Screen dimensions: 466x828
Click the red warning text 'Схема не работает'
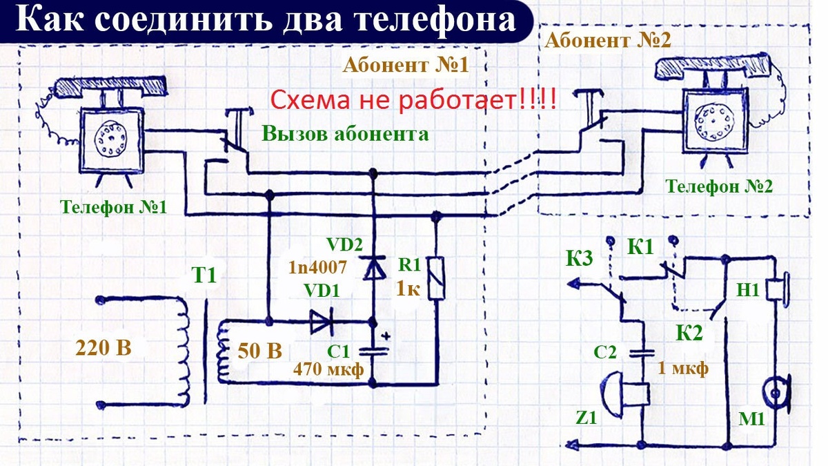[413, 101]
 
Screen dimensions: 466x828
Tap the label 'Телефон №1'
[113, 207]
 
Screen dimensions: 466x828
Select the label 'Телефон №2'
[718, 186]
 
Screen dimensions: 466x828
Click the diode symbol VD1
[322, 322]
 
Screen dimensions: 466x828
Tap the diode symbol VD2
[374, 266]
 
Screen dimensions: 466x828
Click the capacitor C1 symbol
[373, 349]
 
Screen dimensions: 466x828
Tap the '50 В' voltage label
[260, 352]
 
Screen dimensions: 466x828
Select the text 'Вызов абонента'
[344, 134]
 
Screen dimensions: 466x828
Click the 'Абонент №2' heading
[608, 40]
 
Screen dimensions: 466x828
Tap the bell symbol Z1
[624, 392]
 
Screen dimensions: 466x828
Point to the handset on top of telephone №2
[714, 67]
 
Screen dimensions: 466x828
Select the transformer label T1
[205, 276]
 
